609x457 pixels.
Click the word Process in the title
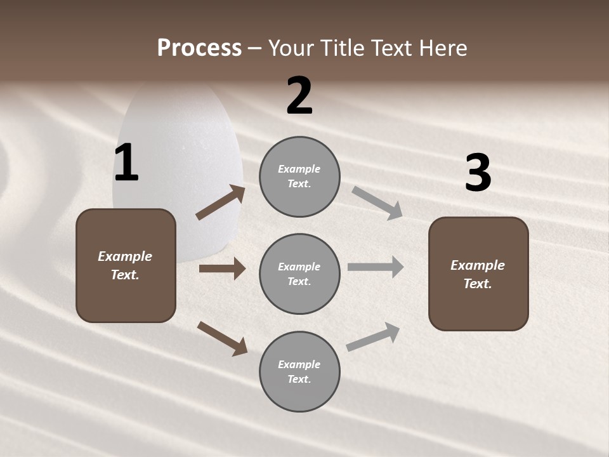click(x=199, y=48)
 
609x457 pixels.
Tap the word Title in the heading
click(x=339, y=48)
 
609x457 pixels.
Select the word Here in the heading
click(x=442, y=48)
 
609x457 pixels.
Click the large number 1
click(x=126, y=163)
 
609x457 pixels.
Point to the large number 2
click(x=299, y=96)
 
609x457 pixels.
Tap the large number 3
click(x=478, y=173)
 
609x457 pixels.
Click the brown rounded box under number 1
click(x=126, y=265)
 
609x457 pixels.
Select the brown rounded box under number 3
click(x=478, y=274)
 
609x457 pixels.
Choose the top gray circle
click(x=299, y=176)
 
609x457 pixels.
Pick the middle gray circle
click(x=299, y=274)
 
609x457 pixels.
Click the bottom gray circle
click(x=299, y=371)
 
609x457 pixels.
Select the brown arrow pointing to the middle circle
click(x=222, y=268)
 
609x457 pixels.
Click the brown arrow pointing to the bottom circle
click(x=222, y=338)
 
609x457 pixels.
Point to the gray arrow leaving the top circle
click(x=377, y=202)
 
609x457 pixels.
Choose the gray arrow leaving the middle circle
click(x=376, y=267)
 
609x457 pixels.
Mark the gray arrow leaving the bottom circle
click(x=373, y=337)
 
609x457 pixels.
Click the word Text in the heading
click(x=391, y=48)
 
